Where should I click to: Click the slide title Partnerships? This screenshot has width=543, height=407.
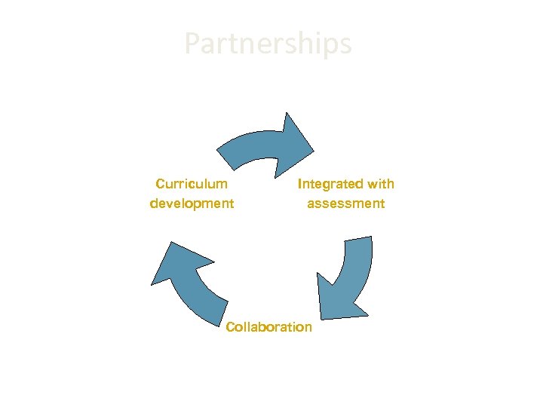coord(268,44)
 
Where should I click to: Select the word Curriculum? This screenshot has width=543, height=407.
coord(192,183)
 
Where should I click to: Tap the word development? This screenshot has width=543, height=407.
coord(192,203)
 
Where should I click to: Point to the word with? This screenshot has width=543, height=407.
coord(381,183)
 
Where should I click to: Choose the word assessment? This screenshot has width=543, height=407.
coord(345,203)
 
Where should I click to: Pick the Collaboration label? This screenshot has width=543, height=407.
coord(268,326)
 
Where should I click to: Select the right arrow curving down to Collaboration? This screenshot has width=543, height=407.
coord(351,279)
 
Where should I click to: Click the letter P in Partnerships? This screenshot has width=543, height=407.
coord(192,44)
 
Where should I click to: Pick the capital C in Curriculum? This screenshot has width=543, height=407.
coord(160,183)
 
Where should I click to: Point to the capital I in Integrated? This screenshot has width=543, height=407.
coord(300,183)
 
